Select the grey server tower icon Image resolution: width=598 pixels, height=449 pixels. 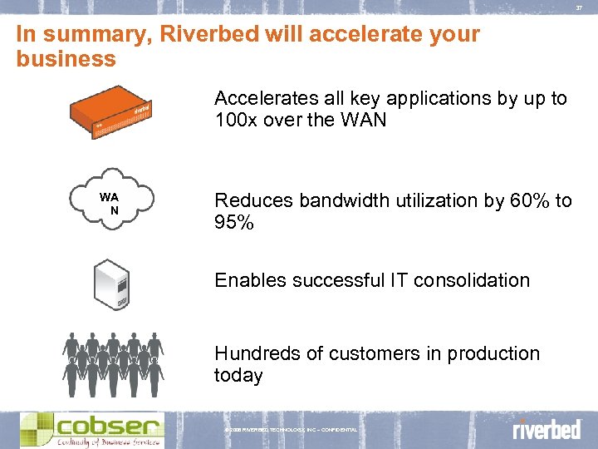(x=113, y=283)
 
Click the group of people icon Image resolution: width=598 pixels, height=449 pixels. (x=114, y=363)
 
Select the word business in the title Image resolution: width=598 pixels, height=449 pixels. (x=66, y=59)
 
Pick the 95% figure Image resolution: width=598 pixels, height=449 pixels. (x=234, y=223)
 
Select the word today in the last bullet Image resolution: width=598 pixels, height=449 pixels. (x=238, y=376)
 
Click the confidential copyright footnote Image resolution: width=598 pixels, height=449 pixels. (x=291, y=429)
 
